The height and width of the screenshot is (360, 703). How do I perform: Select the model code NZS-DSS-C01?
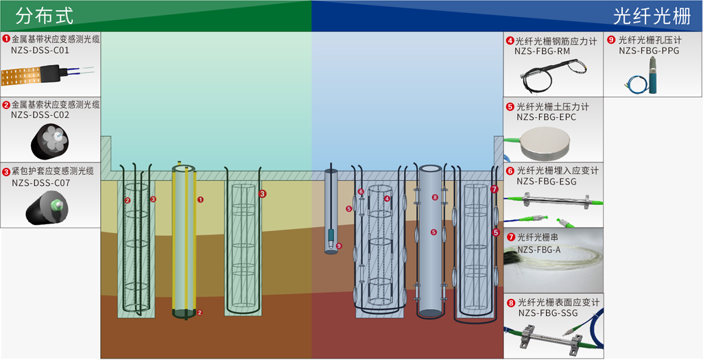pyautogui.click(x=40, y=50)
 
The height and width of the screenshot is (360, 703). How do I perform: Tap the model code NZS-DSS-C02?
pyautogui.click(x=40, y=115)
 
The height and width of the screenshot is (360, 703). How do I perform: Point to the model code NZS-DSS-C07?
pyautogui.click(x=40, y=183)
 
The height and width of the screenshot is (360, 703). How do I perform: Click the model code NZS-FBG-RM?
pyautogui.click(x=543, y=51)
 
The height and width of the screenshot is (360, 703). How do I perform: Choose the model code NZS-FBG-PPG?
pyautogui.click(x=649, y=50)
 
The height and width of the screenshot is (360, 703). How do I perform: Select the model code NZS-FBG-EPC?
pyautogui.click(x=546, y=117)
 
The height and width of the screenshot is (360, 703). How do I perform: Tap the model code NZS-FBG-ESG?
pyautogui.click(x=547, y=181)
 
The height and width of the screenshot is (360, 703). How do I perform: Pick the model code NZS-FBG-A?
pyautogui.click(x=539, y=250)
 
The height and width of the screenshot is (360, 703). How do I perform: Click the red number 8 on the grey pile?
pyautogui.click(x=434, y=197)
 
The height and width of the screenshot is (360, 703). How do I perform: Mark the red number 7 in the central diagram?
pyautogui.click(x=494, y=189)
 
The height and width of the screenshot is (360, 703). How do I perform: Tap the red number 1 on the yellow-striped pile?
pyautogui.click(x=200, y=200)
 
